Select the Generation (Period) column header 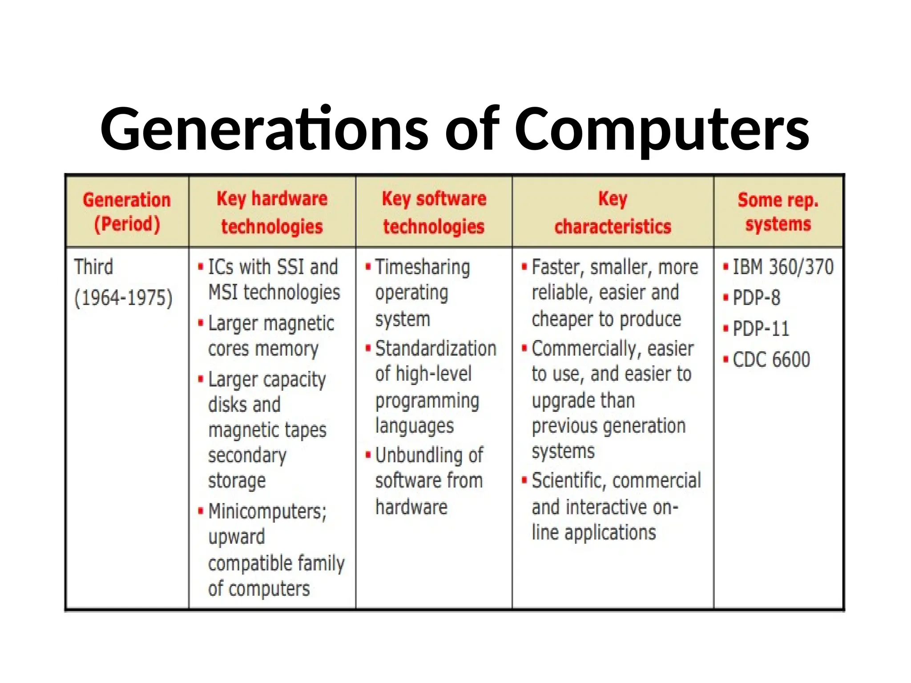pos(127,212)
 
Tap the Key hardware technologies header pos(272,212)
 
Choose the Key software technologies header pos(434,212)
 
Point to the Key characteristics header pos(613,212)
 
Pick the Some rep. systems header pos(778,212)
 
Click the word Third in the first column pos(93,267)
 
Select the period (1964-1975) pos(123,297)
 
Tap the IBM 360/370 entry pos(783,267)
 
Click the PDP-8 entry pos(756,297)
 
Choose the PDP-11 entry pos(761,329)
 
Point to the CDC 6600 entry pos(771,359)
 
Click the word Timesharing pos(423,267)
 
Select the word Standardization pos(435,348)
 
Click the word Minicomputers pos(267,511)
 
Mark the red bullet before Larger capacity pos(201,379)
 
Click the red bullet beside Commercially pos(524,348)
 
